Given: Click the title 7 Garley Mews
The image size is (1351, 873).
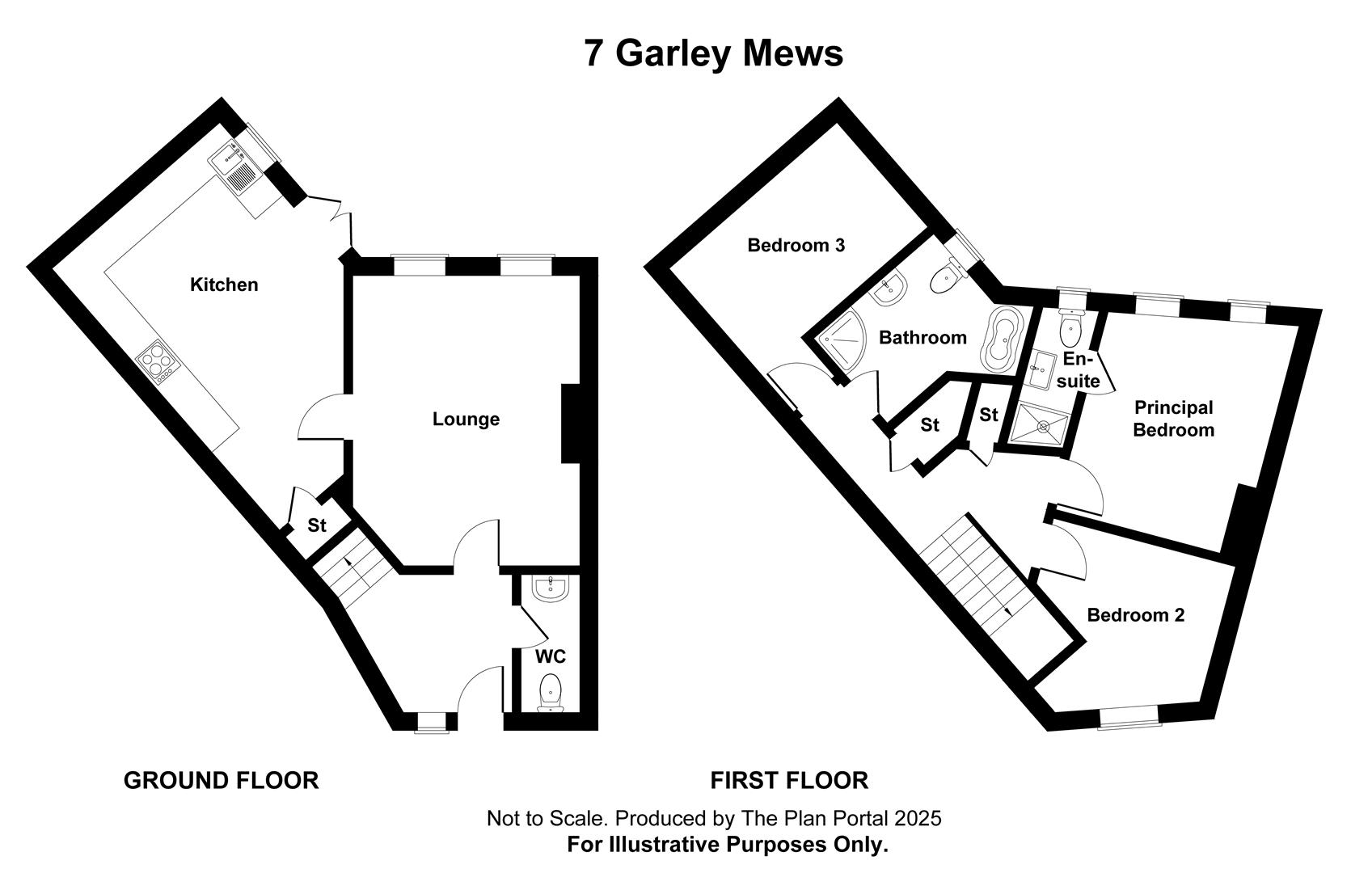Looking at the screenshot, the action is pyautogui.click(x=713, y=53).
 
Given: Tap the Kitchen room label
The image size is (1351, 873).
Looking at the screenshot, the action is pyautogui.click(x=224, y=285).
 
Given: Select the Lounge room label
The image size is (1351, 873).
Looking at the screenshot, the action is pyautogui.click(x=466, y=419).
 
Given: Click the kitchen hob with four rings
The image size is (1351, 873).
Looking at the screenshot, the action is pyautogui.click(x=158, y=362).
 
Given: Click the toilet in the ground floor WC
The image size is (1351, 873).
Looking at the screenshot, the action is pyautogui.click(x=550, y=694).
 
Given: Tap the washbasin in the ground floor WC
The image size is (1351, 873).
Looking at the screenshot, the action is pyautogui.click(x=550, y=588).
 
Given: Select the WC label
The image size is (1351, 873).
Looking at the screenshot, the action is pyautogui.click(x=551, y=656).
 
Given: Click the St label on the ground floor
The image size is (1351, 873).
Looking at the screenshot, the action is pyautogui.click(x=317, y=525).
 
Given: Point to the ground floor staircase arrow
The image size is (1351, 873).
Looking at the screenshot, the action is pyautogui.click(x=349, y=563).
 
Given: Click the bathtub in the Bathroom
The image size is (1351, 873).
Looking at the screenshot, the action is pyautogui.click(x=1001, y=339).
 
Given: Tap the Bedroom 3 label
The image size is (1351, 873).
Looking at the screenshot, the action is pyautogui.click(x=796, y=246).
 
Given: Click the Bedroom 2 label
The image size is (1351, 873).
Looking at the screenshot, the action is pyautogui.click(x=1136, y=615).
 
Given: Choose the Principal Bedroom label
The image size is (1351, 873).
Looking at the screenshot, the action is pyautogui.click(x=1174, y=419).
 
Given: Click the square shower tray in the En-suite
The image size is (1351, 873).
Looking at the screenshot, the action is pyautogui.click(x=1039, y=426).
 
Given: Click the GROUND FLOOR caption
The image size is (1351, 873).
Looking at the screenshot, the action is pyautogui.click(x=222, y=781).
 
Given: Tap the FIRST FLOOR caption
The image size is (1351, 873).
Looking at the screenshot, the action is pyautogui.click(x=789, y=781).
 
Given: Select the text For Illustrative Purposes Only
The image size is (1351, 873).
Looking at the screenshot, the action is pyautogui.click(x=728, y=845).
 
